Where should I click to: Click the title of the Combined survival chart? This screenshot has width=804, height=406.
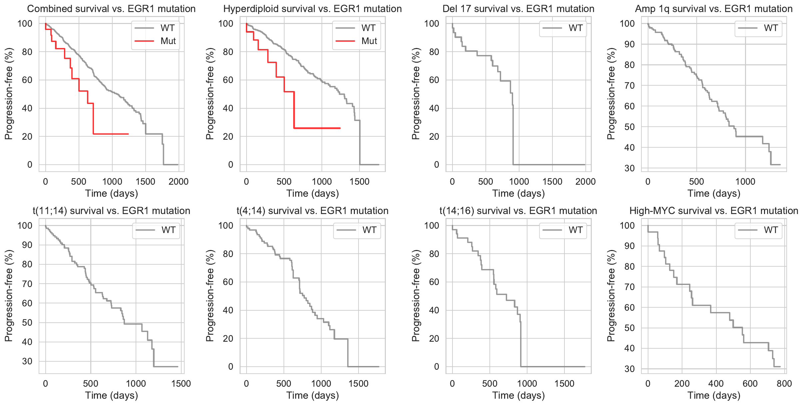pyautogui.click(x=111, y=9)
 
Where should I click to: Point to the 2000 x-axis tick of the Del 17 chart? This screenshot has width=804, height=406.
pyautogui.click(x=585, y=182)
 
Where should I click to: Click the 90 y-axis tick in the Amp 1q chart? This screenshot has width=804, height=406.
pyautogui.click(x=629, y=44)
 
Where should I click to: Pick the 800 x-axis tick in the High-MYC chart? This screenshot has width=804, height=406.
pyautogui.click(x=784, y=383)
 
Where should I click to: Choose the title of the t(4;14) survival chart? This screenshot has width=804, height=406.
pyautogui.click(x=312, y=211)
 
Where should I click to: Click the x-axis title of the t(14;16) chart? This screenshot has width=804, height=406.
pyautogui.click(x=518, y=395)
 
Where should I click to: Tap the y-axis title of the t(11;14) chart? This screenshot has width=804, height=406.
pyautogui.click(x=9, y=296)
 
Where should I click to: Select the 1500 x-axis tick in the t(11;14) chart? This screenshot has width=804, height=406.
pyautogui.click(x=181, y=383)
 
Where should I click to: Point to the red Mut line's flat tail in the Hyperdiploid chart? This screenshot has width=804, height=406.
pyautogui.click(x=317, y=128)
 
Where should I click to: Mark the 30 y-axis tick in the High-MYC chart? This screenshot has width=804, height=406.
pyautogui.click(x=629, y=369)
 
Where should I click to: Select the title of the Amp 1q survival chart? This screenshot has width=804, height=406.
pyautogui.click(x=714, y=9)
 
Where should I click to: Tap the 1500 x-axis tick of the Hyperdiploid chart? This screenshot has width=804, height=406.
pyautogui.click(x=359, y=182)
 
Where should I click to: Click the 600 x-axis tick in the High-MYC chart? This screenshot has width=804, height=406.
pyautogui.click(x=750, y=383)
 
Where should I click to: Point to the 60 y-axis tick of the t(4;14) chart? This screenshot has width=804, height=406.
pyautogui.click(x=228, y=282)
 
